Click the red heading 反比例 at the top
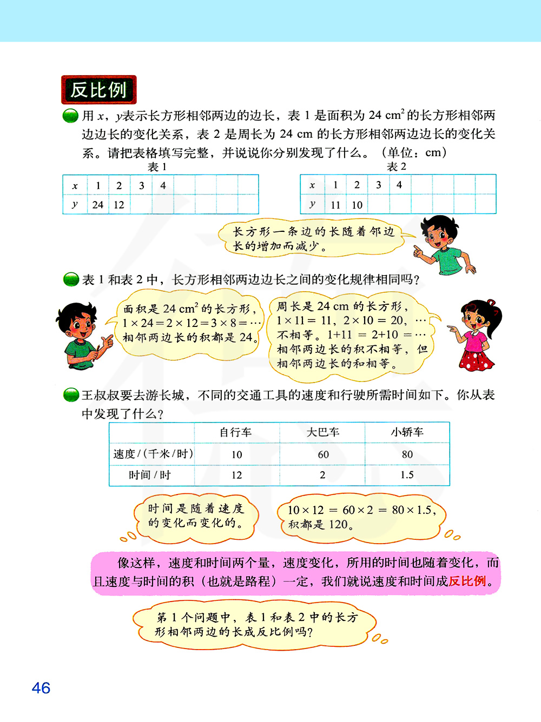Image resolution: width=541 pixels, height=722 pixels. point(98,90)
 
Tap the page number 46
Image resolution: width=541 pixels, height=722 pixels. point(41,688)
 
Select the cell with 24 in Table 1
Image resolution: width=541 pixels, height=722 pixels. point(98,205)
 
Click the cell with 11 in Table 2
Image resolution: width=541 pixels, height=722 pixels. point(335,205)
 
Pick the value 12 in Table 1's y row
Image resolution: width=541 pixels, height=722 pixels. point(119,205)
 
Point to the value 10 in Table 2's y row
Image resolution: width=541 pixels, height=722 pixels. point(357,205)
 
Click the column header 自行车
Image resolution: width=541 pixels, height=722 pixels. point(236,432)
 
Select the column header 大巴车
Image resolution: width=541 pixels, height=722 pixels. point(323,432)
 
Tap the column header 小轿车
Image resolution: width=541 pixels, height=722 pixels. point(407,432)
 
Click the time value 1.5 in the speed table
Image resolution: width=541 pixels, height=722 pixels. point(407,475)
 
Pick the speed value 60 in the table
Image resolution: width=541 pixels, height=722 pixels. point(323,454)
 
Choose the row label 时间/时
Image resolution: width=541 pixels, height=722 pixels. point(150,475)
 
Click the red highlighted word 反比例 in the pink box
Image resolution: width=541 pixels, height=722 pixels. point(467,581)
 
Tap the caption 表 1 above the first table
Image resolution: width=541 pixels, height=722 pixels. point(157,167)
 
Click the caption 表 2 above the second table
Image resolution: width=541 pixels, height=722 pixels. point(397,167)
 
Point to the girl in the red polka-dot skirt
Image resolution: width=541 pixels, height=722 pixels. point(478,335)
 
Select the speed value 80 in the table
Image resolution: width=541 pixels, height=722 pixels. point(407,454)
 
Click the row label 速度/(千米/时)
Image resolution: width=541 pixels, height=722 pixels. point(153,454)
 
